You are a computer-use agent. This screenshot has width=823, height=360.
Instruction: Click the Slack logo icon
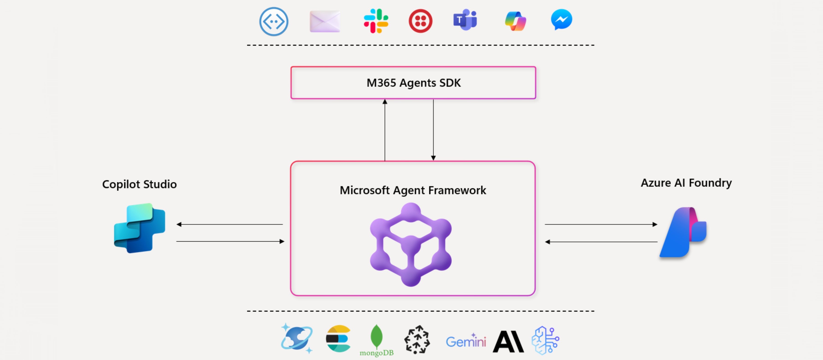pos(376,21)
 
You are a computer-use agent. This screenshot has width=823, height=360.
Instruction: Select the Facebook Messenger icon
pos(561,20)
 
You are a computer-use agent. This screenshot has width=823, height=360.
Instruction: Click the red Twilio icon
pos(420,21)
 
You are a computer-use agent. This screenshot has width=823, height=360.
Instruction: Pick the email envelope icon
pos(325,21)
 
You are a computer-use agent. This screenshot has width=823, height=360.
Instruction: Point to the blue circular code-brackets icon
pos(274,21)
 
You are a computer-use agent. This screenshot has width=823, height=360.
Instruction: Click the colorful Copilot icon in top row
pos(515,21)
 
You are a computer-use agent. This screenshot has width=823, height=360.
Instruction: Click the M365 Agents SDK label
pos(413,83)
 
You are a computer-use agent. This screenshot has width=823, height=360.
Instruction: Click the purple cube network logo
pos(411,244)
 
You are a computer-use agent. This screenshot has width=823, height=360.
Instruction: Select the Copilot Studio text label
pos(139,184)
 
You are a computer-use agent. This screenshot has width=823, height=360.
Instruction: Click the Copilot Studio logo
pos(140,228)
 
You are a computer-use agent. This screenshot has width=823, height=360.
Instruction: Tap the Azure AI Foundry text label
pos(686,183)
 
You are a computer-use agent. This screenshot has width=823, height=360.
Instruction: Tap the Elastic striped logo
pos(338,339)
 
